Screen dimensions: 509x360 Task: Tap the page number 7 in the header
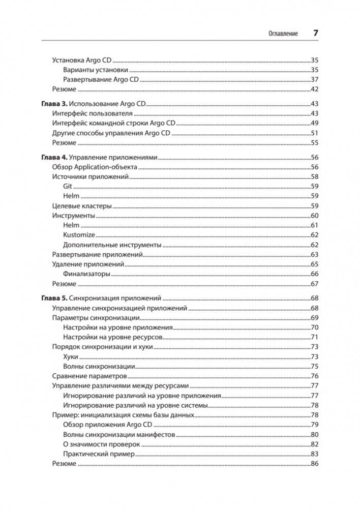click(315, 33)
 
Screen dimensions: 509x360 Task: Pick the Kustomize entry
click(79, 235)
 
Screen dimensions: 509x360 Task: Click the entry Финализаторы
click(87, 274)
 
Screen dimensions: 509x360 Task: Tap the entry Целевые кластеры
click(82, 206)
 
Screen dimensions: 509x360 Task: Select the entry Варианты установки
click(96, 70)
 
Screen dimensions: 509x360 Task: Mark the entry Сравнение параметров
click(89, 376)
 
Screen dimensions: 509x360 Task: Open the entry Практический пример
click(99, 454)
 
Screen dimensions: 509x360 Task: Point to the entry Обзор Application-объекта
click(95, 167)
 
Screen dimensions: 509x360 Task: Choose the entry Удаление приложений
click(88, 264)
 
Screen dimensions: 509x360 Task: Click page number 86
click(314, 464)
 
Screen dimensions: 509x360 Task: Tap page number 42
click(314, 89)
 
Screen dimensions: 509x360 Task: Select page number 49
click(314, 123)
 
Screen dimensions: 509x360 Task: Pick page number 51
click(314, 133)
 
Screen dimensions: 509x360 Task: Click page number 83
click(314, 454)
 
